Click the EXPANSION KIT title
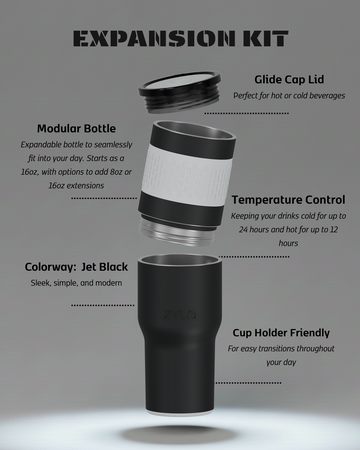180,38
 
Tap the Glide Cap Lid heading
289,80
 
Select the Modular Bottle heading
76,129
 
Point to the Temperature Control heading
288,200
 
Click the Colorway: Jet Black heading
76,267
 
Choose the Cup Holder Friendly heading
281,333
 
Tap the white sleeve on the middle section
187,169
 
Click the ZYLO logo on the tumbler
180,314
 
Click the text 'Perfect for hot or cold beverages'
289,96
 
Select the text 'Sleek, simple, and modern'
76,283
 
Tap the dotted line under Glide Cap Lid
247,113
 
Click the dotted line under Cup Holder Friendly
248,383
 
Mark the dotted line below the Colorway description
103,305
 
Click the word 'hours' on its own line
288,243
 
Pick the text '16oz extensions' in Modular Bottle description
76,186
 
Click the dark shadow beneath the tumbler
178,434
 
